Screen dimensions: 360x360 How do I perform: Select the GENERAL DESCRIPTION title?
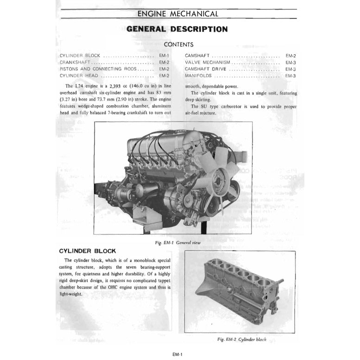pyautogui.click(x=177, y=29)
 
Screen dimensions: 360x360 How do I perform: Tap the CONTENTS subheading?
pyautogui.click(x=178, y=45)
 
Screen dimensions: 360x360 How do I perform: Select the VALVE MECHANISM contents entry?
pyautogui.click(x=207, y=62)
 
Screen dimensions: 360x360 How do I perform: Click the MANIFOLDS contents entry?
pyautogui.click(x=198, y=76)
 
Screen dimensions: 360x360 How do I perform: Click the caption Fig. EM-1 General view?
pyautogui.click(x=178, y=242)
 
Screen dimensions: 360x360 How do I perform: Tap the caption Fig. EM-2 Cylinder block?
pyautogui.click(x=242, y=339)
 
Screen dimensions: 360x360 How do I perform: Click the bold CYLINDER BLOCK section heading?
pyautogui.click(x=88, y=251)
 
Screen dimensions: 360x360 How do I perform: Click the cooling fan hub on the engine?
pyautogui.click(x=217, y=178)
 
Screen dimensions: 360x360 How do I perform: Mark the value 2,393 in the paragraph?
pyautogui.click(x=118, y=86)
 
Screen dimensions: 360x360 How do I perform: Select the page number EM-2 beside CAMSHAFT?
pyautogui.click(x=291, y=55)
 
